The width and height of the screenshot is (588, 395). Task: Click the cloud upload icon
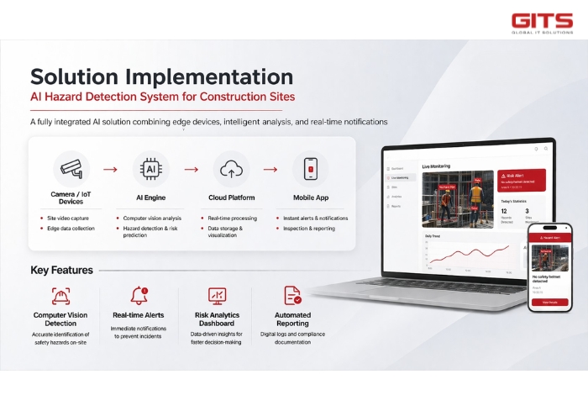(x=230, y=168)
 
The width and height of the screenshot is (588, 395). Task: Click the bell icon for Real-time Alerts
(x=138, y=296)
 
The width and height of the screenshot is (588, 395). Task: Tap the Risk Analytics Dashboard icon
(x=217, y=296)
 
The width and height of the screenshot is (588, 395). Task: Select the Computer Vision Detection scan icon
(x=60, y=296)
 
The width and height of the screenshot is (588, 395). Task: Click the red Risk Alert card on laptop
(x=522, y=178)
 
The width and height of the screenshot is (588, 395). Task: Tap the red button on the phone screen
(x=549, y=301)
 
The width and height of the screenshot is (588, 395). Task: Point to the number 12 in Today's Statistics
(x=504, y=212)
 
